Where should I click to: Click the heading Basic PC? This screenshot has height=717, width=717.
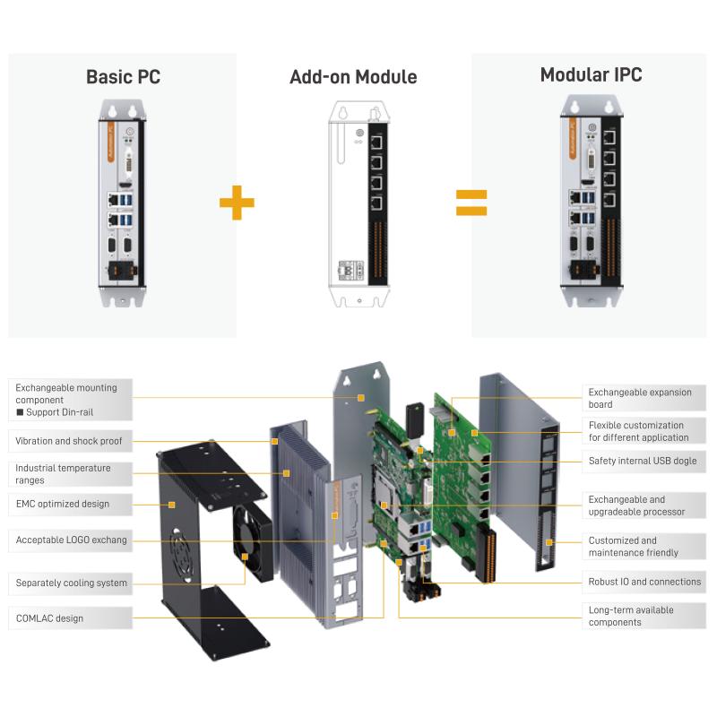tap(123, 76)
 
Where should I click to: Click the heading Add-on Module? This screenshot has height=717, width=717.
tap(353, 77)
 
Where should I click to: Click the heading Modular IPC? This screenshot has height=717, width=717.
tap(591, 75)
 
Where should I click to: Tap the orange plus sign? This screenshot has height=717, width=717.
tap(237, 202)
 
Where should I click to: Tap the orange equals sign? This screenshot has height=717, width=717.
tap(471, 202)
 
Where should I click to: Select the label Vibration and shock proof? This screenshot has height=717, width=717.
tap(69, 441)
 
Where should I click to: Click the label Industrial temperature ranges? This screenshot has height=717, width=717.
tap(64, 474)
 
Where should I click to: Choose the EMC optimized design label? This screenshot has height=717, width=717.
tap(63, 504)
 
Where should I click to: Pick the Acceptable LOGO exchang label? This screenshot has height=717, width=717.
tap(72, 540)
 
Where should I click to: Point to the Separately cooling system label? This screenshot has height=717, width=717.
tap(72, 583)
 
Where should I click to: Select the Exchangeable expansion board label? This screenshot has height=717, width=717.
tap(640, 398)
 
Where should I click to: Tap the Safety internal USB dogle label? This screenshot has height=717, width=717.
tap(642, 462)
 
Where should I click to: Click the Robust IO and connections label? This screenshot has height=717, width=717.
tap(644, 582)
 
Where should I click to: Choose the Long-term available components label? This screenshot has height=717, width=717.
tap(631, 616)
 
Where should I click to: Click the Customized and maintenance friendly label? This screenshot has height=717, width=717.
tap(634, 547)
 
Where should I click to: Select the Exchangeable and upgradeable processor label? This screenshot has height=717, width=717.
tap(636, 505)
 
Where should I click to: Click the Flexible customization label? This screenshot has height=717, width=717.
tap(638, 431)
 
